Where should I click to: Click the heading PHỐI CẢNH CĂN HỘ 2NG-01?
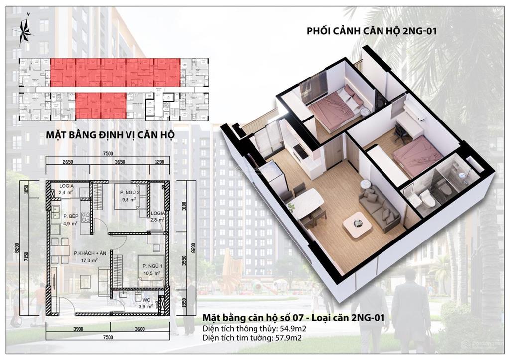[x=372, y=31]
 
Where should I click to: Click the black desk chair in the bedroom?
[x=400, y=131]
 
